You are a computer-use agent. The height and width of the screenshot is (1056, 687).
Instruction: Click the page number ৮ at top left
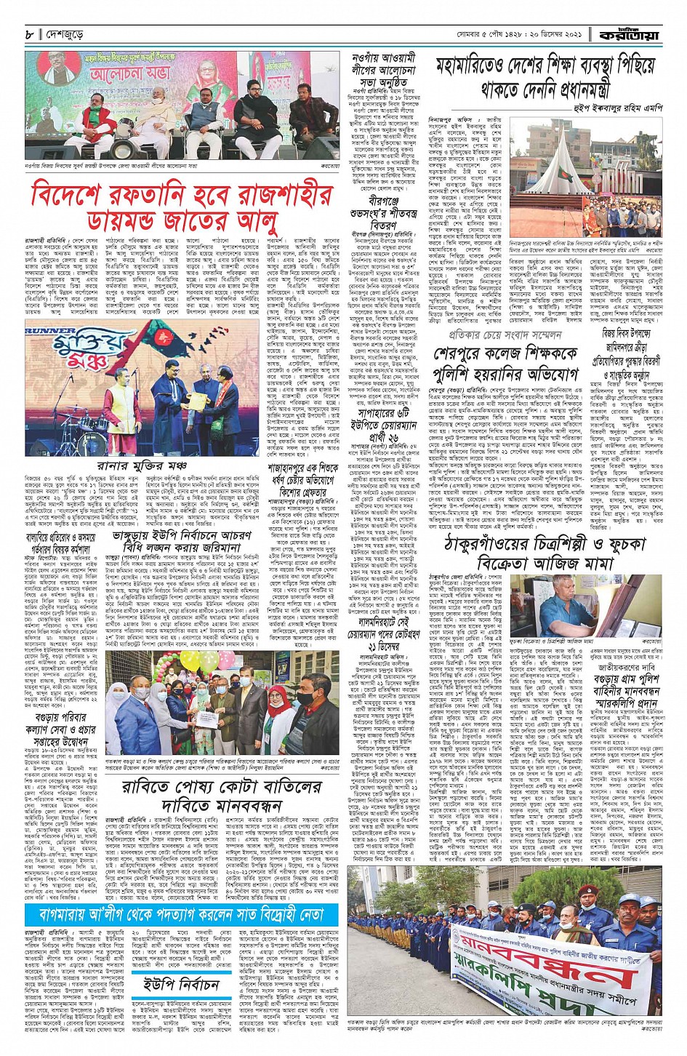[29, 34]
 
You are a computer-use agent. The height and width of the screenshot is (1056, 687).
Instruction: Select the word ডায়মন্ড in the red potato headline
[87, 219]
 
